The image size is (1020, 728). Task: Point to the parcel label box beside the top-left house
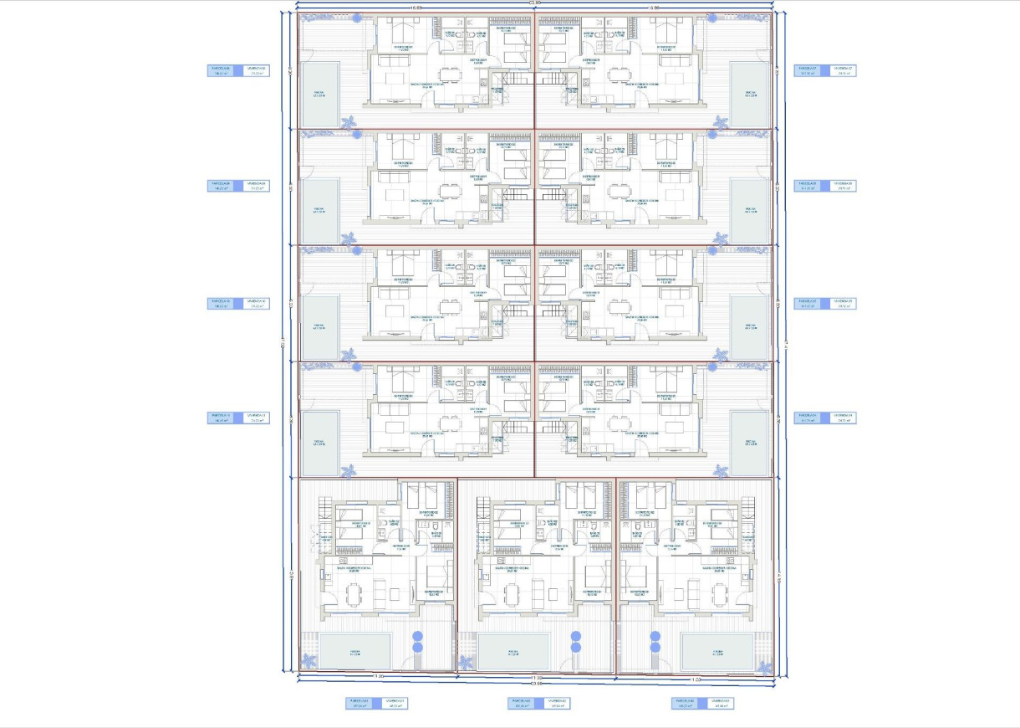(237, 70)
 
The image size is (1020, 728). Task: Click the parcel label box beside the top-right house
(824, 70)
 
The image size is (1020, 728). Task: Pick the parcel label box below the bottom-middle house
(539, 703)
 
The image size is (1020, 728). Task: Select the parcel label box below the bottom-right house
(702, 703)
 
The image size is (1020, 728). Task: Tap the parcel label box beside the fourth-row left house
(237, 418)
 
